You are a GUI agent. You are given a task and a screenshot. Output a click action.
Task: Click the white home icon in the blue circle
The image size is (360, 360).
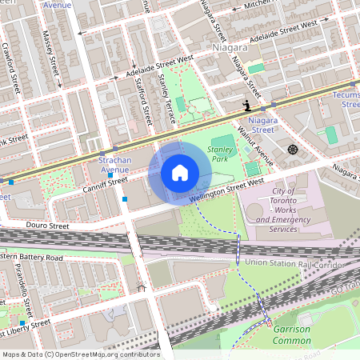coord(180,173)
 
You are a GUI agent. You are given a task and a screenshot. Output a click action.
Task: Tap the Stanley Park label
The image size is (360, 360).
coord(219,154)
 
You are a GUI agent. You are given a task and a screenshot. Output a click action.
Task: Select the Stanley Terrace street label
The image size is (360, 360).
coord(166,98)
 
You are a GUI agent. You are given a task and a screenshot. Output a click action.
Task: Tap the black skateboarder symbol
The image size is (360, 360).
coord(248,105)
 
